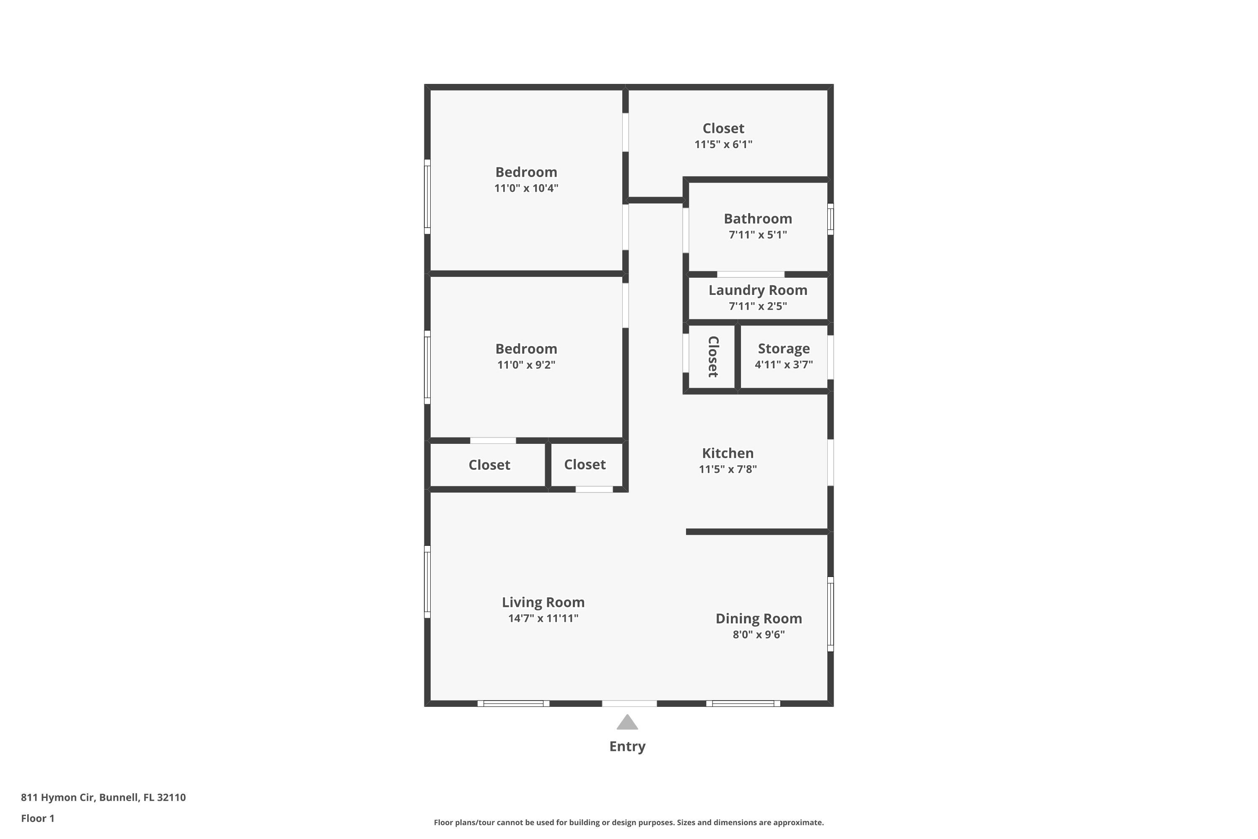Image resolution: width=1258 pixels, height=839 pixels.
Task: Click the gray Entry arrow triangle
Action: [627, 723]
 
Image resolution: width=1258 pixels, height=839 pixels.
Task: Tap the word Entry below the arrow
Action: [627, 746]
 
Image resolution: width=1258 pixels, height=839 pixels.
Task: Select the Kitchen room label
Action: [728, 453]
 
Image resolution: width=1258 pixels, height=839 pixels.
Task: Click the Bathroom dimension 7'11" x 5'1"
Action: [757, 235]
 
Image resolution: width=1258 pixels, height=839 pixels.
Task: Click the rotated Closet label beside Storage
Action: [713, 357]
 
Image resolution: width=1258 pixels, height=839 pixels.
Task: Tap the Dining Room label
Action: [759, 618]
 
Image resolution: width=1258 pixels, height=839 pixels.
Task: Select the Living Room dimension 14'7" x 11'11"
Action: [543, 618]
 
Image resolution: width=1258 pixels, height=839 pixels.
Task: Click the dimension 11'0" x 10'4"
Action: [526, 188]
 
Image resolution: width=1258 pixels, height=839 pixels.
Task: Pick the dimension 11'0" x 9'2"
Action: [526, 365]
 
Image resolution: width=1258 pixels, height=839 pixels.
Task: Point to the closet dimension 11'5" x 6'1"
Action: [723, 144]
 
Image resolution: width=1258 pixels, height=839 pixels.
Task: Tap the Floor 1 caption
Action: [37, 818]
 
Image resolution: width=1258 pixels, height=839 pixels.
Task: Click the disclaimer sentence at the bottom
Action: [629, 822]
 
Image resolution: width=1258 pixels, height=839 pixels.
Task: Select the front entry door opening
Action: [629, 704]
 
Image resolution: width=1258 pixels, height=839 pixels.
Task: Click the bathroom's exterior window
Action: [830, 219]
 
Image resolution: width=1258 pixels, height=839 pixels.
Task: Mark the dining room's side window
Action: [830, 614]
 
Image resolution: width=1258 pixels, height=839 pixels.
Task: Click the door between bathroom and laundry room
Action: [751, 274]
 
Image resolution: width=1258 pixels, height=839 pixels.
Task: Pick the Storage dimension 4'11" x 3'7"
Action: [784, 365]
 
